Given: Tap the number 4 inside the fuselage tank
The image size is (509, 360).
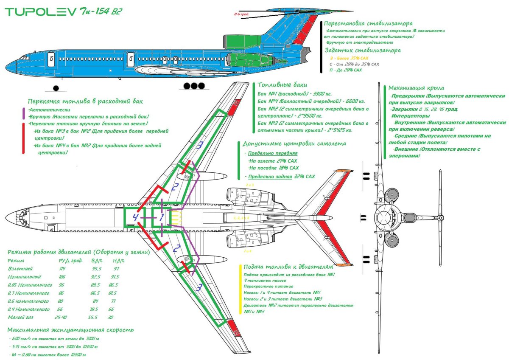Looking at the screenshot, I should (135, 217).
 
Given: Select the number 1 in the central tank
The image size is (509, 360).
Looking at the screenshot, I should (161, 218).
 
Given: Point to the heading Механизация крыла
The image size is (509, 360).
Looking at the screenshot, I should (416, 88).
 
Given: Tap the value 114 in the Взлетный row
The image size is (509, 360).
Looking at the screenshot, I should (62, 269).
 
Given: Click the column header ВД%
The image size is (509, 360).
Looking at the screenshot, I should (97, 261).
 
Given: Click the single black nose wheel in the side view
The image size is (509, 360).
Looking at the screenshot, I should (56, 88).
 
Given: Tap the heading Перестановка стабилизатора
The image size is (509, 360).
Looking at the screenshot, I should (368, 23).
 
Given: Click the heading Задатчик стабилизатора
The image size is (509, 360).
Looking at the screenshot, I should (362, 50).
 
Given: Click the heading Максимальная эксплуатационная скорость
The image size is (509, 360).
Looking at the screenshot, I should (70, 329).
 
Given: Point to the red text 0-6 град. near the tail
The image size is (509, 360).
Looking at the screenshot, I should (241, 14).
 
